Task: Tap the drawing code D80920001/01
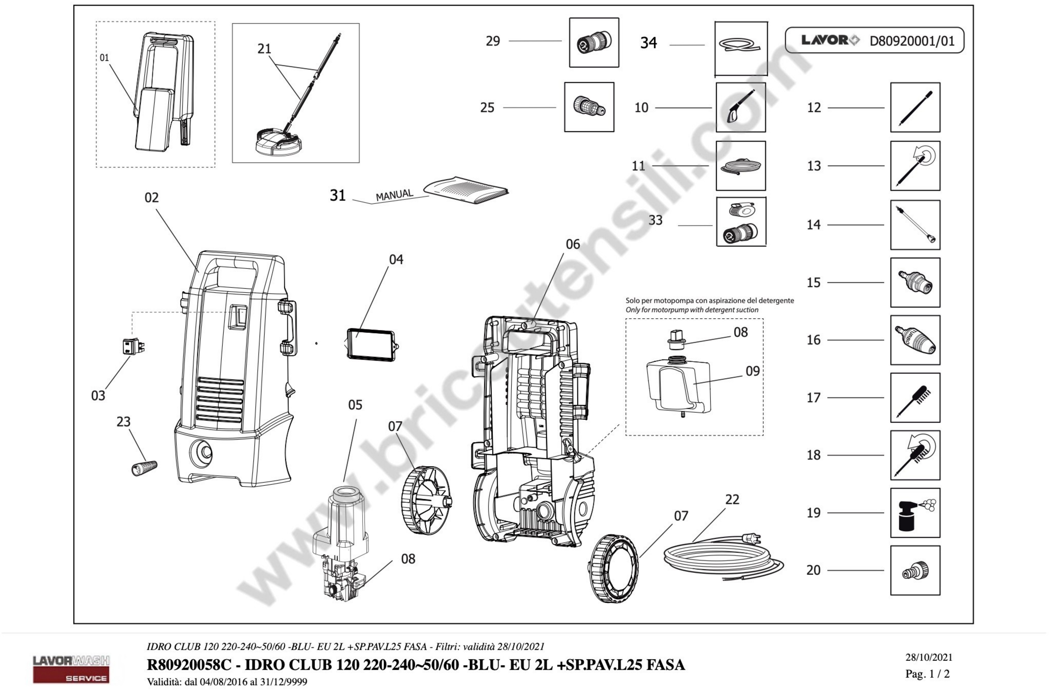(x=912, y=41)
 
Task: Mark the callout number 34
(x=648, y=43)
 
